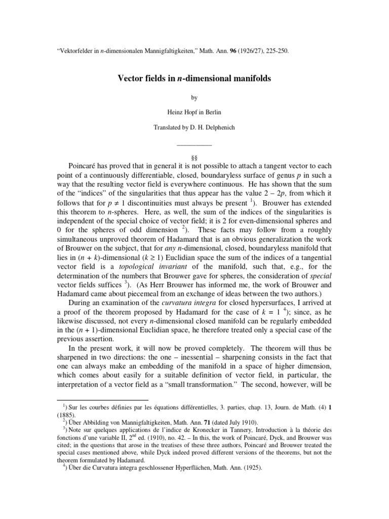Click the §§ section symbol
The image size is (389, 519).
(x=194, y=158)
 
